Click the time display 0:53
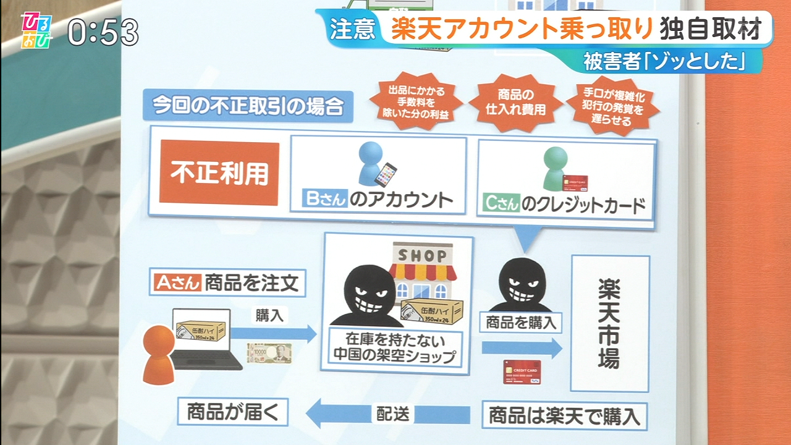tap(103, 31)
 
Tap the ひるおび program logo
tap(36, 30)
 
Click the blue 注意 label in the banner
tap(351, 29)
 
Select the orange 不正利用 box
tap(219, 172)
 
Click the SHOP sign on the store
tap(422, 255)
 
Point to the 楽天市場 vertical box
tap(609, 323)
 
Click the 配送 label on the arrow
tap(393, 413)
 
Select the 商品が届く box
tap(232, 411)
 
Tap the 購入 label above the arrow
tap(269, 315)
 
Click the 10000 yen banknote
tap(269, 354)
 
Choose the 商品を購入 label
tap(521, 321)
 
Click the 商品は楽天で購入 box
tap(564, 415)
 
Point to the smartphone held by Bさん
tap(386, 175)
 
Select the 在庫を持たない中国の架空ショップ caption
tap(394, 348)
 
